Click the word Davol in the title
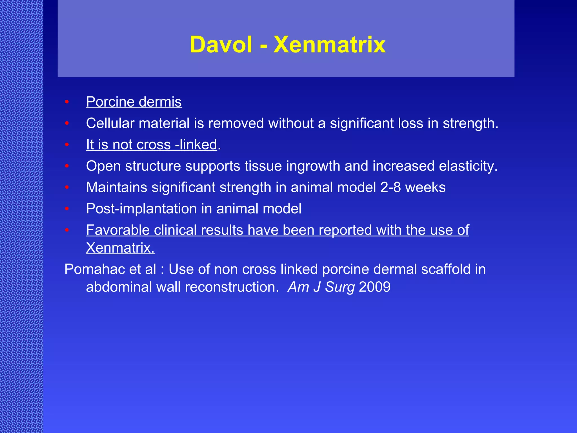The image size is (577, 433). pyautogui.click(x=221, y=45)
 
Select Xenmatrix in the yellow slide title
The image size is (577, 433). pyautogui.click(x=329, y=45)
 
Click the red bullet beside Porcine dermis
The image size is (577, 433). pyautogui.click(x=67, y=102)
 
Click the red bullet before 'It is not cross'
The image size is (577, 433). pyautogui.click(x=67, y=145)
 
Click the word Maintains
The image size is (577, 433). pyautogui.click(x=116, y=187)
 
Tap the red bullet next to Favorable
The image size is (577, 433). pyautogui.click(x=67, y=230)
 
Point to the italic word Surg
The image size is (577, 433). pyautogui.click(x=340, y=287)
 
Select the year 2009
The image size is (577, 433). pyautogui.click(x=375, y=287)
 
